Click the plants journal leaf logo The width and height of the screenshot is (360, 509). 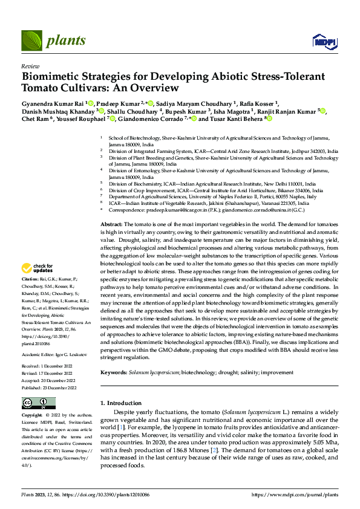(x=31, y=41)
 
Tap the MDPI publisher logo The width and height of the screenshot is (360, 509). (x=324, y=41)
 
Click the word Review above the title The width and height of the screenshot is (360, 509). (x=30, y=65)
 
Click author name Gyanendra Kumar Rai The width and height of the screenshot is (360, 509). (x=53, y=103)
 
